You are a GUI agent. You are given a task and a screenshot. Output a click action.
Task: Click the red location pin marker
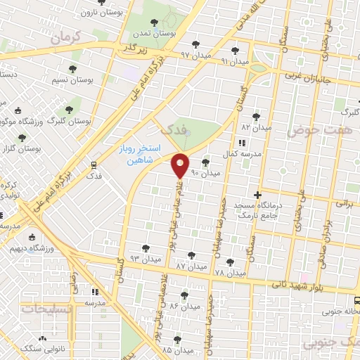181,164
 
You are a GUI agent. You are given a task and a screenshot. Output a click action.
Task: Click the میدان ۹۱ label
234,61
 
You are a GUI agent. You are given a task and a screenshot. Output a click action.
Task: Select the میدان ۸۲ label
257,128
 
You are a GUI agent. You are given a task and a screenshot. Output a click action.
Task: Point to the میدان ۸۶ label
184,307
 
